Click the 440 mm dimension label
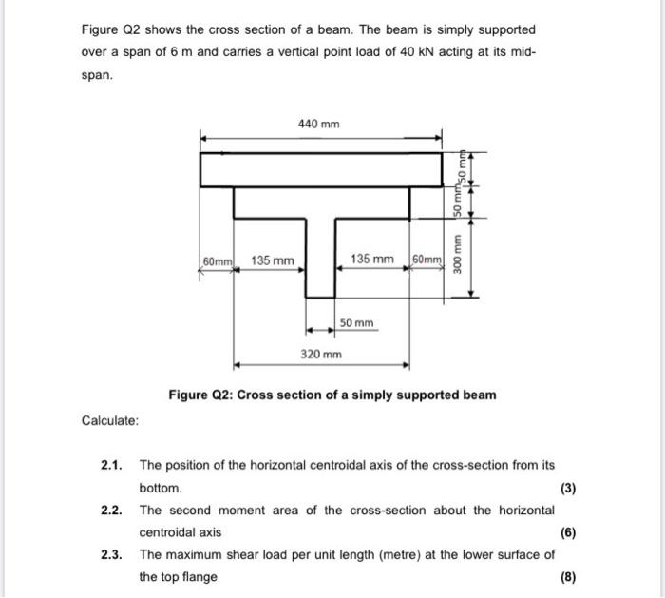click(x=318, y=125)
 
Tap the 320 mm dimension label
click(x=320, y=354)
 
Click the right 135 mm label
click(x=373, y=260)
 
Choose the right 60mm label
click(x=426, y=260)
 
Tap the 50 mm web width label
click(x=357, y=325)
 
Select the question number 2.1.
click(x=113, y=465)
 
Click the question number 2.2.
click(x=113, y=511)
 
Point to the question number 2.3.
click(x=113, y=555)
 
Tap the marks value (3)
click(x=567, y=489)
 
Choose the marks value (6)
click(x=567, y=533)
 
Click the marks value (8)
click(x=567, y=577)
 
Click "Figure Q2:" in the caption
click(x=200, y=395)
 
